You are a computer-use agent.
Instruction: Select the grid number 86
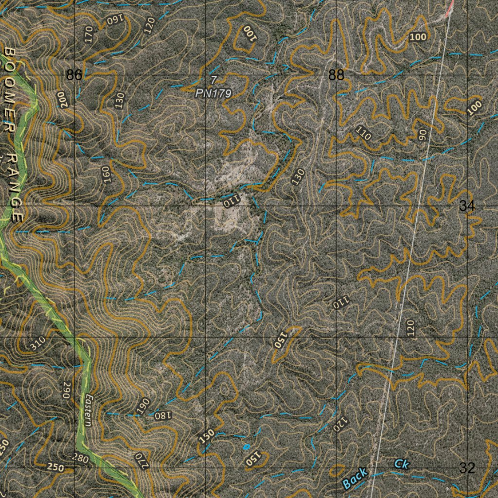click(x=74, y=75)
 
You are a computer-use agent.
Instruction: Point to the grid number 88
click(x=336, y=75)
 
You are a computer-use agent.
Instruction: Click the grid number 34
click(x=467, y=206)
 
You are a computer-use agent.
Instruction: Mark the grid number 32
click(x=467, y=468)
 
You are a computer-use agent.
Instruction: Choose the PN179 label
click(x=213, y=93)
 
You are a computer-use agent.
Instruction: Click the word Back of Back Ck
click(x=355, y=479)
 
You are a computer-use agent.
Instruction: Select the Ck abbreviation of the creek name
click(x=402, y=464)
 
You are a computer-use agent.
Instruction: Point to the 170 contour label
click(x=88, y=36)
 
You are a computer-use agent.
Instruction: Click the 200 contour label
click(x=62, y=99)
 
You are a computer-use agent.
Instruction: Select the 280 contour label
click(x=80, y=458)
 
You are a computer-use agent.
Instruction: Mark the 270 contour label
click(x=141, y=459)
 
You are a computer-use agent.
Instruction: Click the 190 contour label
click(x=143, y=405)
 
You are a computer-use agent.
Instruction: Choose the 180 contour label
click(x=163, y=415)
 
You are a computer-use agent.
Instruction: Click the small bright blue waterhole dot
click(x=246, y=446)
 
